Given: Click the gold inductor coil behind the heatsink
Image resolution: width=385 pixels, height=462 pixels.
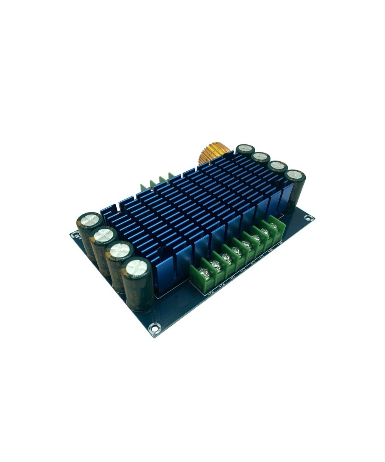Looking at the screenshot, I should point(213,154).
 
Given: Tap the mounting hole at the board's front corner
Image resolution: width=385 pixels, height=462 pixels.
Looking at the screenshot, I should point(154,328).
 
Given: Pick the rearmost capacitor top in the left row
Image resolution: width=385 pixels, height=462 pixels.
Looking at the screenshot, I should point(89,220).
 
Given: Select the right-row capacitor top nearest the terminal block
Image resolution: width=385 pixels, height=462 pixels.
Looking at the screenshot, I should point(296,174).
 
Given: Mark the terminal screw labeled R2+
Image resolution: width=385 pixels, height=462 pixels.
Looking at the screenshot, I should point(216,264).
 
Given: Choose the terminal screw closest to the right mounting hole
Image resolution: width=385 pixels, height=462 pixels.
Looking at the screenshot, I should point(273,225).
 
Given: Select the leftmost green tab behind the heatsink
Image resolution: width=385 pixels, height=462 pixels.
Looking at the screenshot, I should point(143,187).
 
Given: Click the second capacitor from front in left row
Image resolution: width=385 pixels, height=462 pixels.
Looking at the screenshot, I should point(120,250).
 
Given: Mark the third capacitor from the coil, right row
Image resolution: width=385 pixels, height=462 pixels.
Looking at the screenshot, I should point(278,166).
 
